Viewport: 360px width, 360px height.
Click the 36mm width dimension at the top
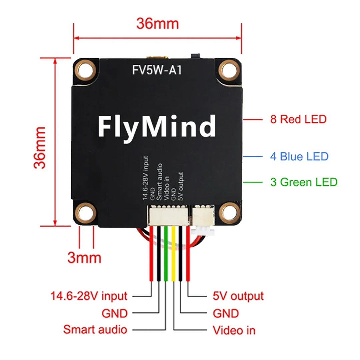coord(157,24)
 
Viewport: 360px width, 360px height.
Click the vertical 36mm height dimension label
coord(41,147)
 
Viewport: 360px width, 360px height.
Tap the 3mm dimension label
coord(84,258)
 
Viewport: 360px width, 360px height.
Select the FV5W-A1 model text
coord(157,70)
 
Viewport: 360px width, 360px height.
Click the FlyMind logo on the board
coord(157,126)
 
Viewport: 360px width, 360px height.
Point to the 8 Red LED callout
coord(298,119)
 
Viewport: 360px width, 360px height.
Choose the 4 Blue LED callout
coord(299,156)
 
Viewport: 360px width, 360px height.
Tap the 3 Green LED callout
coord(304,182)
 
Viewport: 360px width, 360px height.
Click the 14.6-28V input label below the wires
coord(89,296)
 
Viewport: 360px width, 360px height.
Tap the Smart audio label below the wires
coord(95,330)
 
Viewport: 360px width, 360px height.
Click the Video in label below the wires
coord(234,330)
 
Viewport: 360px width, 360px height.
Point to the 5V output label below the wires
coord(238,296)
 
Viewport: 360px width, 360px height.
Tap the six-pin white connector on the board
coord(168,215)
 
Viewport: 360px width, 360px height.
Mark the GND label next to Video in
coord(226,313)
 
